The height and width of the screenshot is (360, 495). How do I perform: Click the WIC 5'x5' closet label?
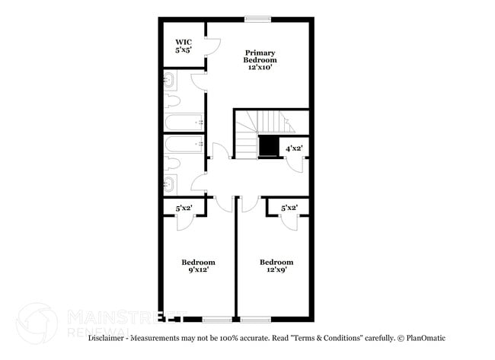click(184, 46)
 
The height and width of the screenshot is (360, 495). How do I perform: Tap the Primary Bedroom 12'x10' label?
click(260, 60)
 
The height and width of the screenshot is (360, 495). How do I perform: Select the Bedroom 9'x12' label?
click(197, 266)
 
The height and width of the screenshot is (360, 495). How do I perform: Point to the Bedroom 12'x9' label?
click(276, 266)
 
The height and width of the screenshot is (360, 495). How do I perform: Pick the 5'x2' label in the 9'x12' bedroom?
click(184, 207)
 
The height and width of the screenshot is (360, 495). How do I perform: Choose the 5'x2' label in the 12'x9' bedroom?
click(289, 207)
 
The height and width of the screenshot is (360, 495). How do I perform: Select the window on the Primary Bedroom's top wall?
click(257, 19)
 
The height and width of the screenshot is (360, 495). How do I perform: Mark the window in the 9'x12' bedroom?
click(217, 318)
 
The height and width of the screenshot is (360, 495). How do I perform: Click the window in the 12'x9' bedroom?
click(256, 318)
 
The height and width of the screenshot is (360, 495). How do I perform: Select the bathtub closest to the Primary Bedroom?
click(184, 122)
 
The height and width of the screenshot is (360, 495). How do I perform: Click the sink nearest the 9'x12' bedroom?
click(170, 182)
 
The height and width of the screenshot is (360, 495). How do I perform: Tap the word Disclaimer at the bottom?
click(108, 338)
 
